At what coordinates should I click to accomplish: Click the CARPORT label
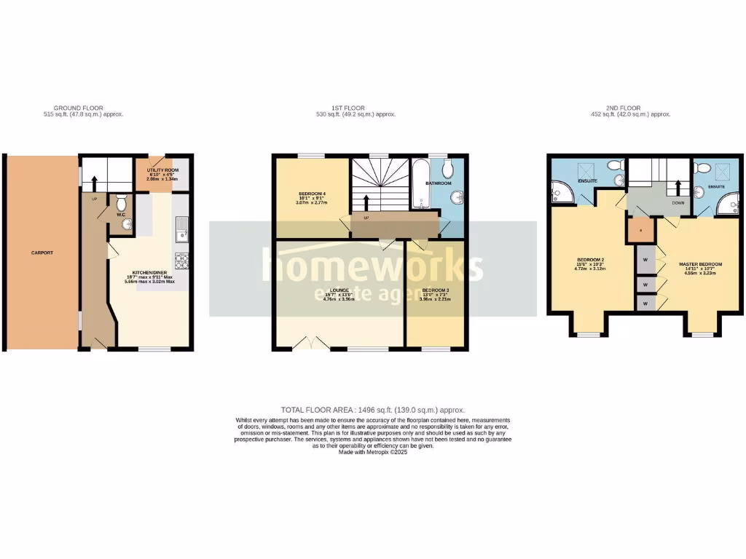[x=42, y=253]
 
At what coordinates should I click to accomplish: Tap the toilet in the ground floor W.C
[x=122, y=199]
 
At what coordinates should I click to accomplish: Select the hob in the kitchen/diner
[x=181, y=260]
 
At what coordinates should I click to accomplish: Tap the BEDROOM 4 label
[x=311, y=194]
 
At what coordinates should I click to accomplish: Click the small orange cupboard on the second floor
[x=640, y=229]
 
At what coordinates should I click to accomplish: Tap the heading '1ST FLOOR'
[x=350, y=108]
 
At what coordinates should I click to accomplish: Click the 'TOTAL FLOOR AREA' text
[x=373, y=411]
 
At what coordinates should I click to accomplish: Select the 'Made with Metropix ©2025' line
[x=372, y=452]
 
